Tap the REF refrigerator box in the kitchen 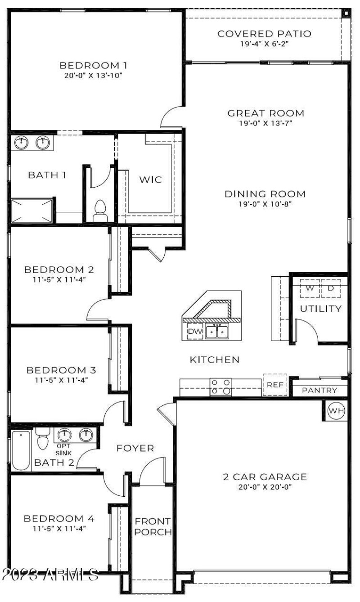274,385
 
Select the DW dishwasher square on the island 195,332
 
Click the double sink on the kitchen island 217,332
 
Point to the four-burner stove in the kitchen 221,387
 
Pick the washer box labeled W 310,288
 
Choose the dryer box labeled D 331,288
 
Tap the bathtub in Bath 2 21,450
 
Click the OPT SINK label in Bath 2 64,449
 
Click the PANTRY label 319,391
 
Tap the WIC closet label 150,180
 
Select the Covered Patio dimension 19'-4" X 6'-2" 264,44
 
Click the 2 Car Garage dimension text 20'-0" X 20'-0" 265,486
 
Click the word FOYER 135,448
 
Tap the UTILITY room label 321,309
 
